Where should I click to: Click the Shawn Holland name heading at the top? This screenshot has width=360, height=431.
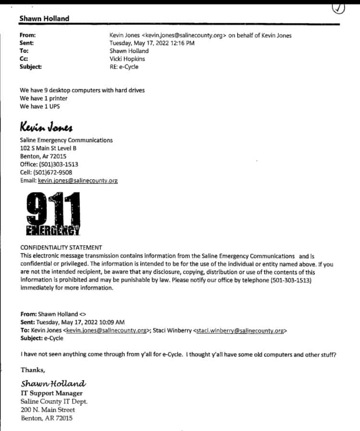44,19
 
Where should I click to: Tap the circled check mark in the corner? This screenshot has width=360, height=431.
338,8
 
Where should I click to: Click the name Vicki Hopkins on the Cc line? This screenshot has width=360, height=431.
127,59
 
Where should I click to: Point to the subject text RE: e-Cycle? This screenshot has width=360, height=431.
124,67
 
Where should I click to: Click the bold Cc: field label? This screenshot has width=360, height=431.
24,59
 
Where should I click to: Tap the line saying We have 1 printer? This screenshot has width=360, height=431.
44,98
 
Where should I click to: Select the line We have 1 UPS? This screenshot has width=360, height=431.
40,106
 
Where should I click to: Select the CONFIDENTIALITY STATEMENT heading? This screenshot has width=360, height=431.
61,247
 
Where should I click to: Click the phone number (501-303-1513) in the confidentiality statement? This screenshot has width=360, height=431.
277,280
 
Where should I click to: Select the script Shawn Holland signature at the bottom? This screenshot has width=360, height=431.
53,383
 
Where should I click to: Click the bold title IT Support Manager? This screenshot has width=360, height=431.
52,393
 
